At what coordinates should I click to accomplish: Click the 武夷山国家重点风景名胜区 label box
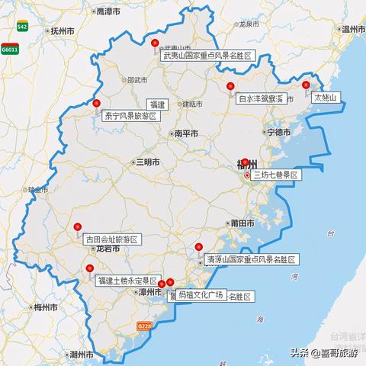tap(207, 55)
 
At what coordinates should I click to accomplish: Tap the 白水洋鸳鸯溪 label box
tap(260, 98)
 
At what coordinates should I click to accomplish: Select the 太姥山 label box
tap(326, 98)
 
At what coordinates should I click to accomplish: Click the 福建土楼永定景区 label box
tap(127, 281)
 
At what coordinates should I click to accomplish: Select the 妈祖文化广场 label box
tap(201, 294)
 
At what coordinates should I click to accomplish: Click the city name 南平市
tap(186, 133)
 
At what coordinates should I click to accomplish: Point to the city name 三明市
tap(147, 162)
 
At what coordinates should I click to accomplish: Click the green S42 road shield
tap(23, 25)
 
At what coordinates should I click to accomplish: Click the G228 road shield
tap(144, 326)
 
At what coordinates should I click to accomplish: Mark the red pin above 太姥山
tap(307, 85)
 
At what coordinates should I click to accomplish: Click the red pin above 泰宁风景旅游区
tap(97, 104)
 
